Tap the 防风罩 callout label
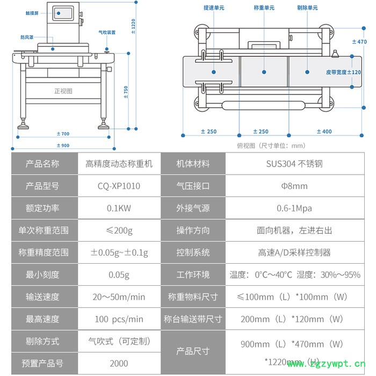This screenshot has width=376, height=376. (27, 38)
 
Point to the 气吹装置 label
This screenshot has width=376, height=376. (107, 32)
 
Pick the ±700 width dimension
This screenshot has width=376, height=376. (63, 133)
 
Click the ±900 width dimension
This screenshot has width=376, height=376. (63, 146)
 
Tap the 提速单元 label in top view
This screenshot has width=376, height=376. (214, 8)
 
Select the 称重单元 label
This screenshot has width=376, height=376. (264, 8)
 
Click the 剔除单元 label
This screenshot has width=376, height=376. (307, 8)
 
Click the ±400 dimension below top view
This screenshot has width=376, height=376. (324, 132)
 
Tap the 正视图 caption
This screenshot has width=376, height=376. (63, 91)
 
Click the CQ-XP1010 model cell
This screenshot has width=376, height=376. (119, 186)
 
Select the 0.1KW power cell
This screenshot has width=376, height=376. (119, 208)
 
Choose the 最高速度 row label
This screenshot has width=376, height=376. (42, 319)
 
